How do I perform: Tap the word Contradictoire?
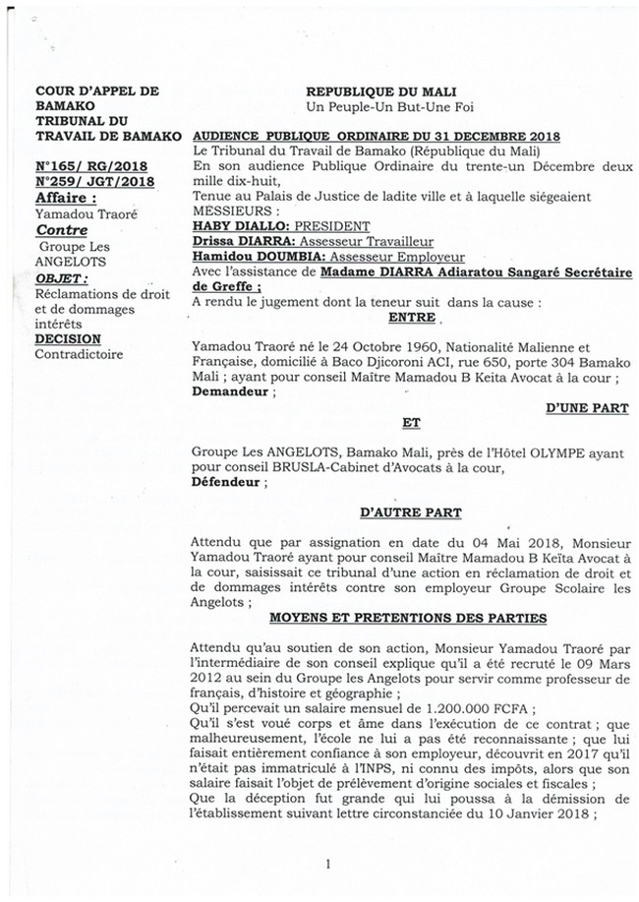point(79,354)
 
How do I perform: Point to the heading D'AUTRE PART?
point(409,513)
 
